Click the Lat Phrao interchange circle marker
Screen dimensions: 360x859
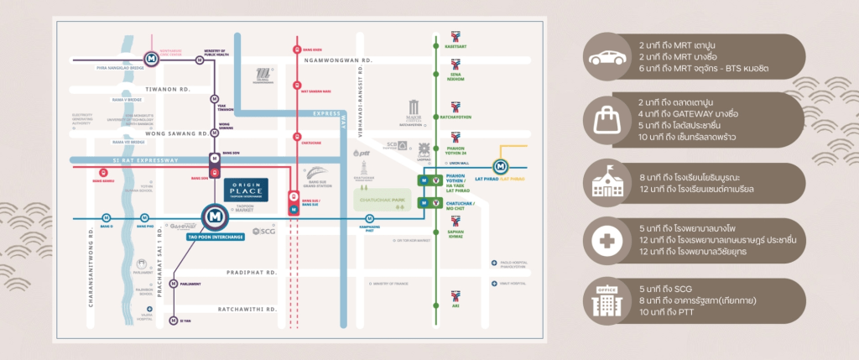(501, 168)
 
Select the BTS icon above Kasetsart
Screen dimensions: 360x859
(456, 36)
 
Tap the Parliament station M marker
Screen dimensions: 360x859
(174, 284)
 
